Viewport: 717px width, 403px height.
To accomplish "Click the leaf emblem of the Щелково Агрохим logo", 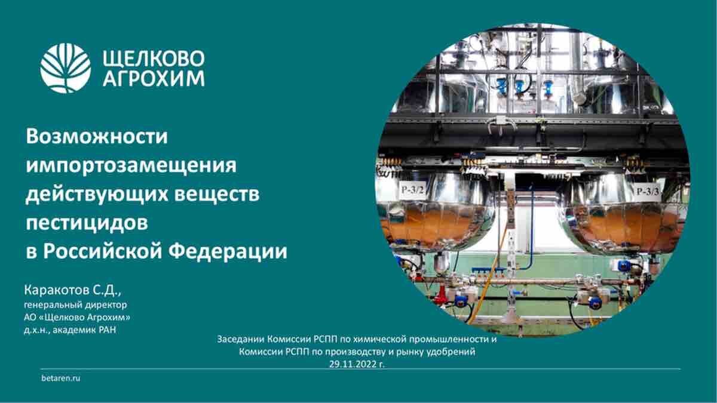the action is click(66, 68).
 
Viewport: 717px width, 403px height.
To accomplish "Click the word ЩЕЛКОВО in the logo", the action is click(154, 59).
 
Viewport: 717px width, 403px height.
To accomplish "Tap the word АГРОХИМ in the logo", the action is click(154, 78).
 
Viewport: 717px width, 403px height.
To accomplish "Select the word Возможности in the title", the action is click(97, 136).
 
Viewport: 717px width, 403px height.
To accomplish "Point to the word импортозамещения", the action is click(131, 165).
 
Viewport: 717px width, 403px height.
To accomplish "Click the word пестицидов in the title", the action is click(87, 223).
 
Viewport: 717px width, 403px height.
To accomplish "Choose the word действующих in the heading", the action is click(97, 195).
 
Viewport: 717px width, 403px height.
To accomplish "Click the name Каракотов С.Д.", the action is click(73, 291).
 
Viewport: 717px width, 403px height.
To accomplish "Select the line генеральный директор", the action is click(75, 305).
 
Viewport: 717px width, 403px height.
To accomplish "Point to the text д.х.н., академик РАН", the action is click(70, 330).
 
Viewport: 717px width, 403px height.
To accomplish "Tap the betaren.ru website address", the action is click(61, 379).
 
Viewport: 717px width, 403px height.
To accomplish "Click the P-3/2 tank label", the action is click(413, 190).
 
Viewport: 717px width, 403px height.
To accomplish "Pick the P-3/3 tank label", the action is click(648, 192).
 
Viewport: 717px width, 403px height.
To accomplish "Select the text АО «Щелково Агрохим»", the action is click(77, 317).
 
